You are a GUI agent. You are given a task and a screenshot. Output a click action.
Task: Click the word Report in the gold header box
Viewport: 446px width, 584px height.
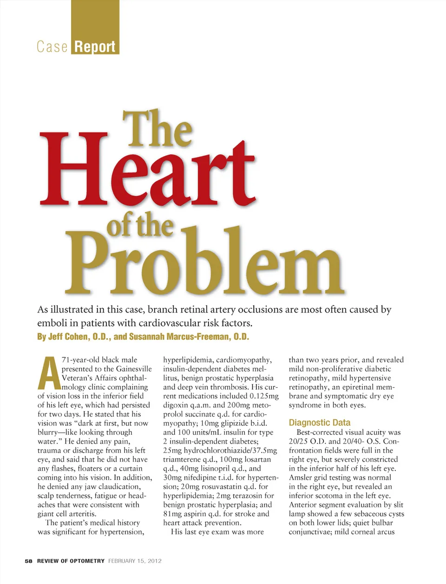point(95,46)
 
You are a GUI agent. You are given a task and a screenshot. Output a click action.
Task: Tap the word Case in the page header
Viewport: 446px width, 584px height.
point(52,46)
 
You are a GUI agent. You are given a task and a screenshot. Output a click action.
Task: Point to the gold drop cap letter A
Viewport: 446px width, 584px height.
point(48,373)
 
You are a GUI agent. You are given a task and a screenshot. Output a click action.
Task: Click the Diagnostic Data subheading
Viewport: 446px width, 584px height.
point(320,423)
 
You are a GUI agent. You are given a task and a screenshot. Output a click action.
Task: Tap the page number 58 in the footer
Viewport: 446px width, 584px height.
point(28,561)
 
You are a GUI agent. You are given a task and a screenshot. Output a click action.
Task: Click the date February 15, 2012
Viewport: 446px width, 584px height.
point(135,561)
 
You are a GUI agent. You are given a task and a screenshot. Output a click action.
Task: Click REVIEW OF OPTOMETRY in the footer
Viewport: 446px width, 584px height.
point(71,561)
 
